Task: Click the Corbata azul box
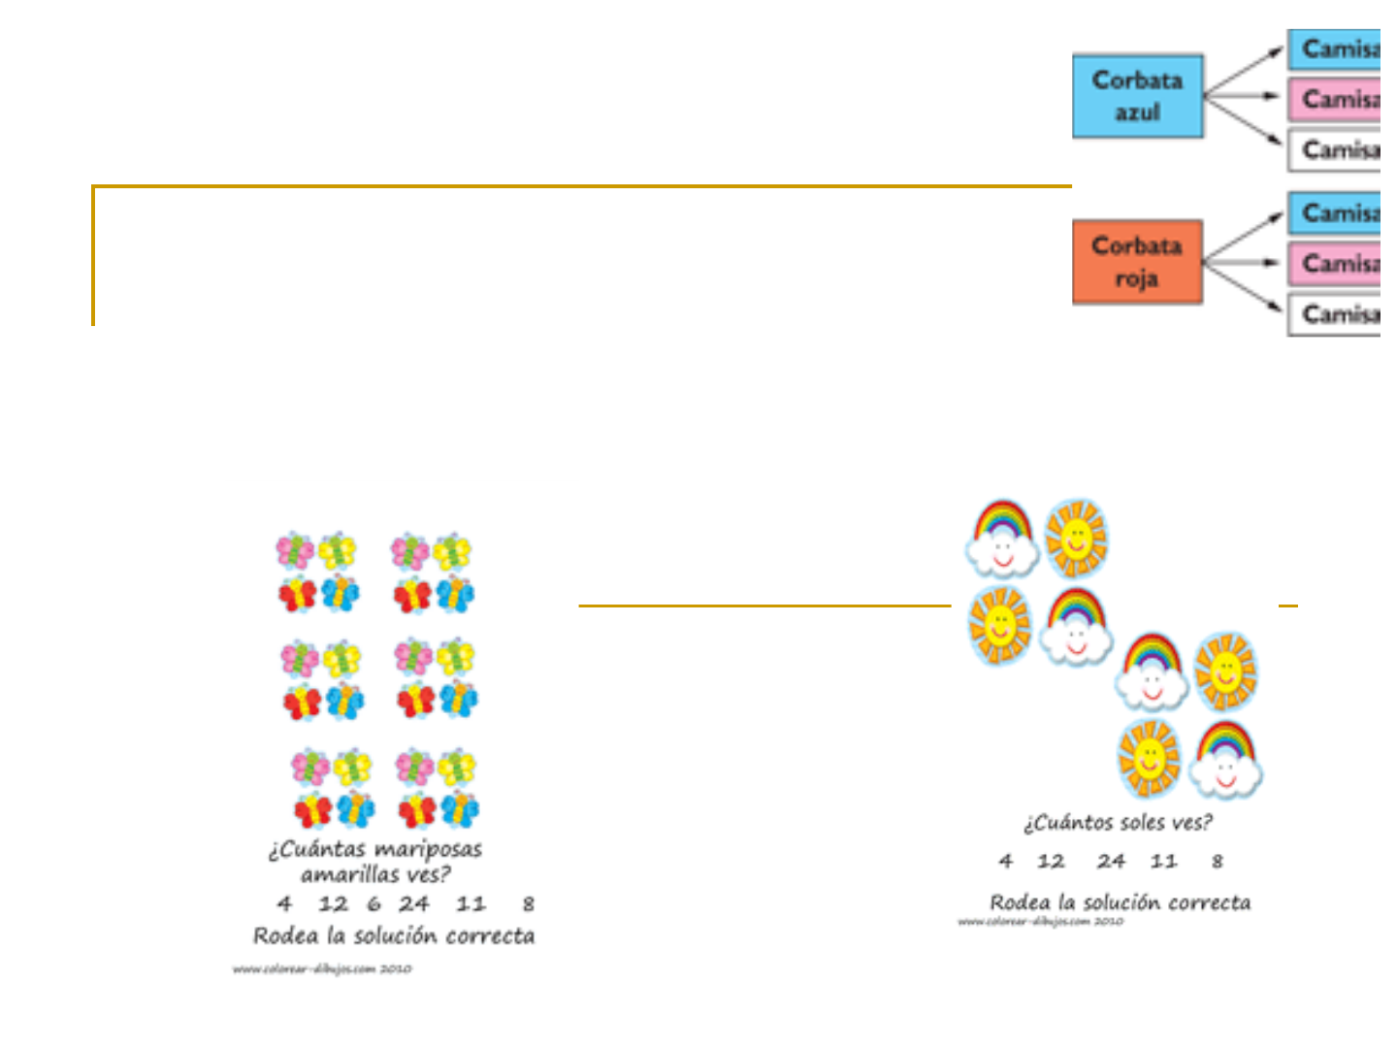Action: pos(1137,95)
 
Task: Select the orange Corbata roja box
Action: pos(1137,262)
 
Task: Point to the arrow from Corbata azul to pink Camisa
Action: pos(1244,96)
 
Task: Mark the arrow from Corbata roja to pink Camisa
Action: pos(1244,262)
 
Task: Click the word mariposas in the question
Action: pos(428,850)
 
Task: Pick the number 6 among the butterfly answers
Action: pos(374,904)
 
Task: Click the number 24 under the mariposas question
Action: pos(413,904)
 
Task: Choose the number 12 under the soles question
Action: pos(1051,862)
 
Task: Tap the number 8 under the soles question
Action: pos(1217,862)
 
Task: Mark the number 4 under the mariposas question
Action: pos(284,904)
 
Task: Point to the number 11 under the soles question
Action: pos(1163,862)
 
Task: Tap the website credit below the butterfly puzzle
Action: pos(322,968)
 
